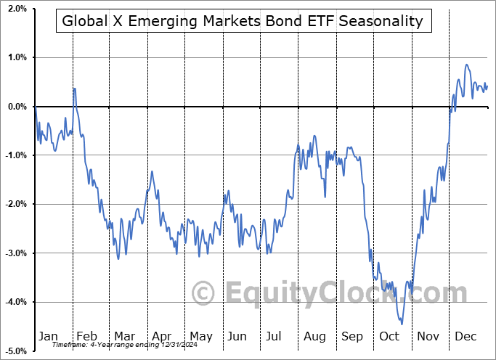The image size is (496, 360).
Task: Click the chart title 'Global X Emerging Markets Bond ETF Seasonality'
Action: (243, 21)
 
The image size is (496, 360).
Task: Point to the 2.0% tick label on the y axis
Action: (16, 9)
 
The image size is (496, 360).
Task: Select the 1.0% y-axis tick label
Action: (16, 57)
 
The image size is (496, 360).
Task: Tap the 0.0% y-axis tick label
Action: (16, 107)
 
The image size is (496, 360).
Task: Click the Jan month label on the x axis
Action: (48, 337)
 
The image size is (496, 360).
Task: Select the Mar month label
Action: (124, 337)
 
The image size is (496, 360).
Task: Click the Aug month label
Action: (314, 337)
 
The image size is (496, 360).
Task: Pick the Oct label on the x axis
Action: (389, 337)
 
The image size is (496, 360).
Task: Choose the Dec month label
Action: (465, 337)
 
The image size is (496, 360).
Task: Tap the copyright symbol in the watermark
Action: (204, 294)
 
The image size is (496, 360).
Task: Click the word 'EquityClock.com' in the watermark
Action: (345, 293)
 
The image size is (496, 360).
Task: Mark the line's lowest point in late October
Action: (401, 324)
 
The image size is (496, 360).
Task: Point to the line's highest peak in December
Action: (466, 65)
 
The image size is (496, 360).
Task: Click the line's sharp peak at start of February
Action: (74, 88)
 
